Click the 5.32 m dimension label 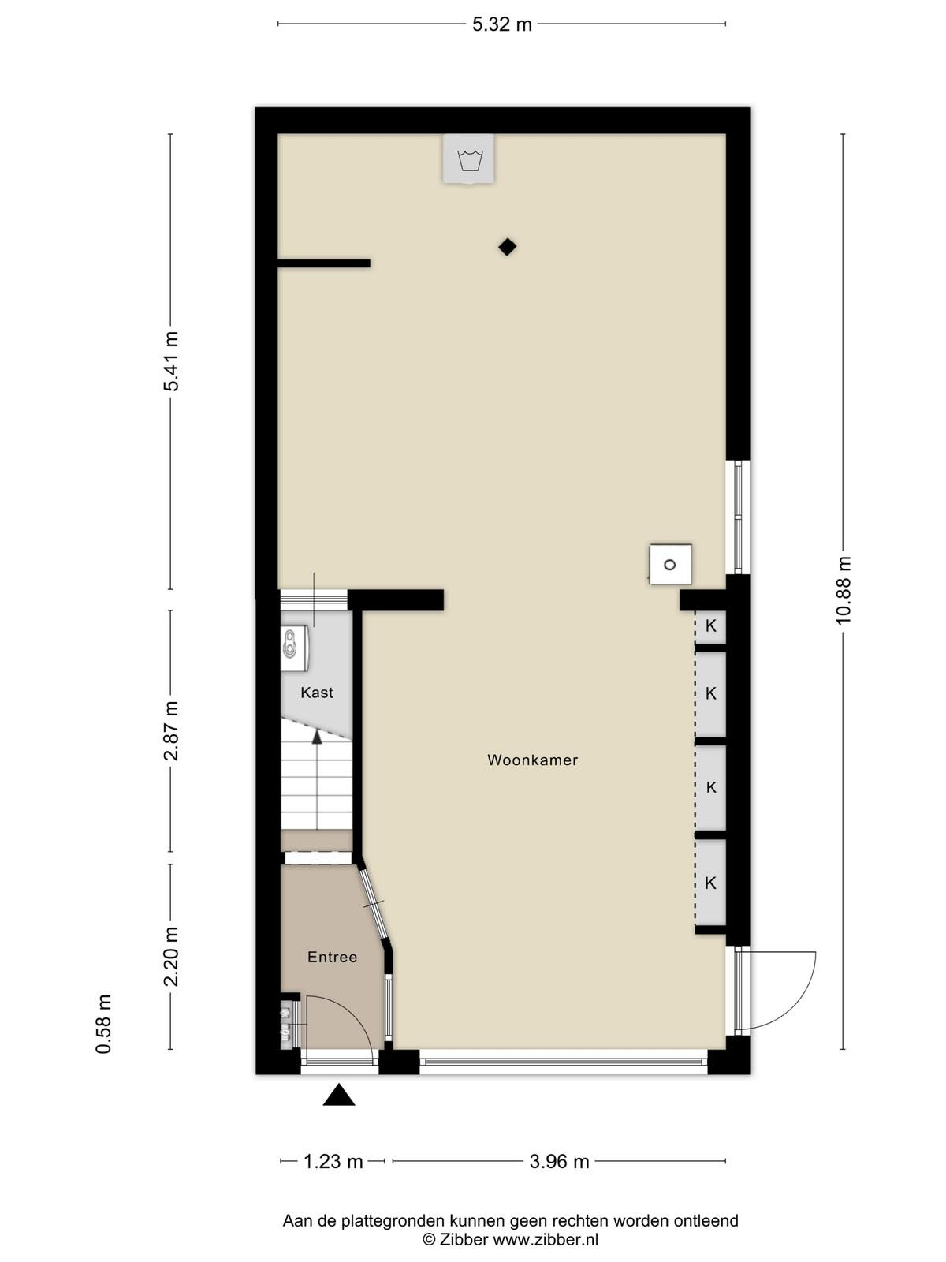[x=501, y=24]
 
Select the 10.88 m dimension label [x=844, y=590]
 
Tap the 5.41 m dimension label [x=170, y=361]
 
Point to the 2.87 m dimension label [x=170, y=730]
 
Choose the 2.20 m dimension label [x=170, y=957]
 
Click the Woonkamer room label [x=532, y=760]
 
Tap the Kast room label [x=316, y=693]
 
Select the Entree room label [x=332, y=958]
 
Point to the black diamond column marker [x=507, y=247]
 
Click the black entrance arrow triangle [x=338, y=1094]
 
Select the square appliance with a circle [x=670, y=565]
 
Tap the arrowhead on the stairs [x=316, y=737]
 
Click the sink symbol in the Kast [x=295, y=648]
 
